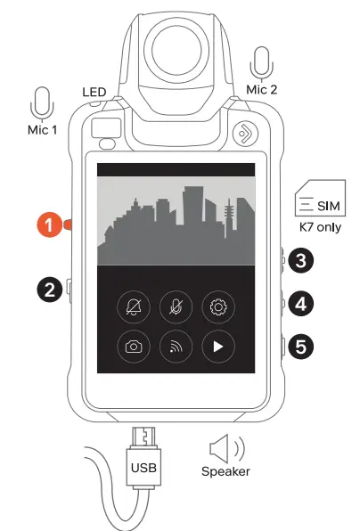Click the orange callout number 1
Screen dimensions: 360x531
[49, 225]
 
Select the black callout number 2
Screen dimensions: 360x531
[49, 290]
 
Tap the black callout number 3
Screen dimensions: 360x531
[300, 260]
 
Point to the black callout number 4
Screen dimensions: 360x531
[300, 304]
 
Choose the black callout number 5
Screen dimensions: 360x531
[300, 346]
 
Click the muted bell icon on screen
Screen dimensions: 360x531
[134, 307]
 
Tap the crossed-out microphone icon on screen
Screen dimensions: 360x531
[176, 307]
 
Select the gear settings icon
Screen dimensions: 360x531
[218, 307]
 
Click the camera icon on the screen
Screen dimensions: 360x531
[134, 347]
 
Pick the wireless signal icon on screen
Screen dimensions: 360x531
[176, 347]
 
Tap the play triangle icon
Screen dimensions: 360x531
[218, 347]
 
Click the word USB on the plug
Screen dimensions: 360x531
[143, 468]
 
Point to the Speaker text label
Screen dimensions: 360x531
[225, 471]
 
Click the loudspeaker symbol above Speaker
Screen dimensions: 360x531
[227, 449]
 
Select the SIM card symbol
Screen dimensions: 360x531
[320, 198]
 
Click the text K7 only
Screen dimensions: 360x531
[320, 227]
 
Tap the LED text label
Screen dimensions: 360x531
[94, 92]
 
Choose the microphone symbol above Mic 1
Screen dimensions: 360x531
[42, 103]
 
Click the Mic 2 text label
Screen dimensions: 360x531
[261, 89]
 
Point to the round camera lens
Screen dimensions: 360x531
[176, 50]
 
